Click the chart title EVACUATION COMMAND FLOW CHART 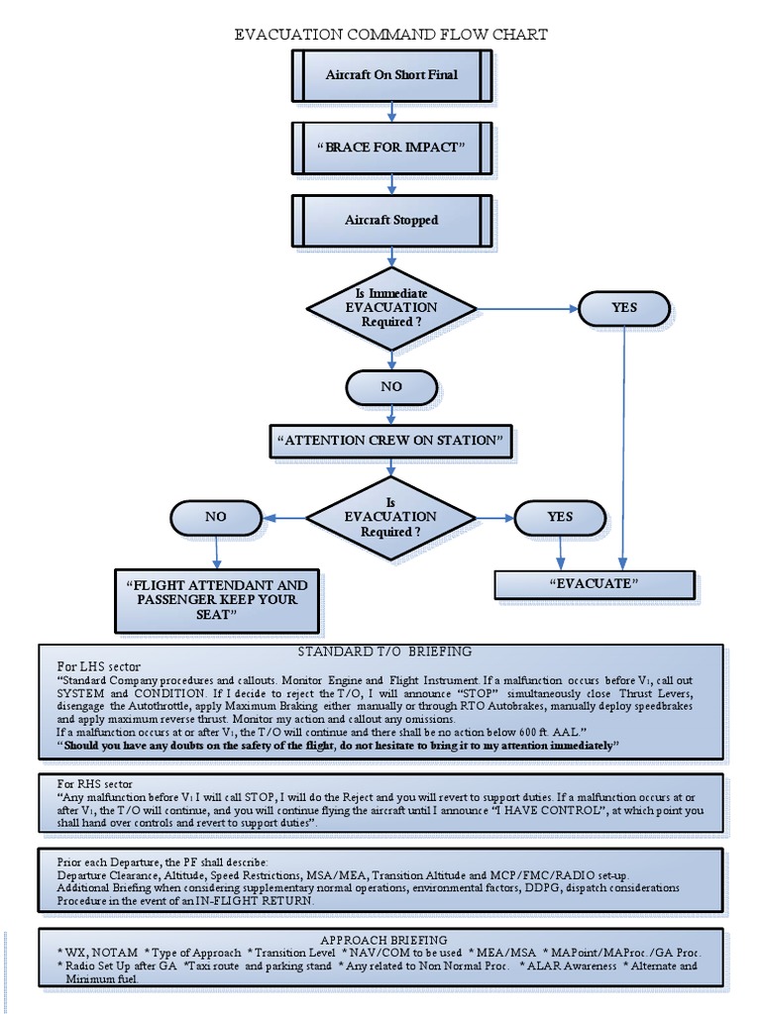(x=390, y=35)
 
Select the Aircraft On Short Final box (x=391, y=75)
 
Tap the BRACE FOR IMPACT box (x=391, y=148)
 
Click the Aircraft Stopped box (x=391, y=220)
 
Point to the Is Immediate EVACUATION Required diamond (x=391, y=308)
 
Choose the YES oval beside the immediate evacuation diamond (x=624, y=308)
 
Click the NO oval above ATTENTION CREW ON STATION (x=391, y=387)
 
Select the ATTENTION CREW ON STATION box (x=391, y=441)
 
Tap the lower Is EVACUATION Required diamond (x=391, y=517)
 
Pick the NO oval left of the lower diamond (x=216, y=517)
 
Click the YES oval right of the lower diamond (x=560, y=517)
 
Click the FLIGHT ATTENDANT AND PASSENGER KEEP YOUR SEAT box (x=217, y=600)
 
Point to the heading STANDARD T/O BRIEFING (x=384, y=652)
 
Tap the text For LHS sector (x=99, y=665)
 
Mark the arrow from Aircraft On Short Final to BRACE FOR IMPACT (x=391, y=112)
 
